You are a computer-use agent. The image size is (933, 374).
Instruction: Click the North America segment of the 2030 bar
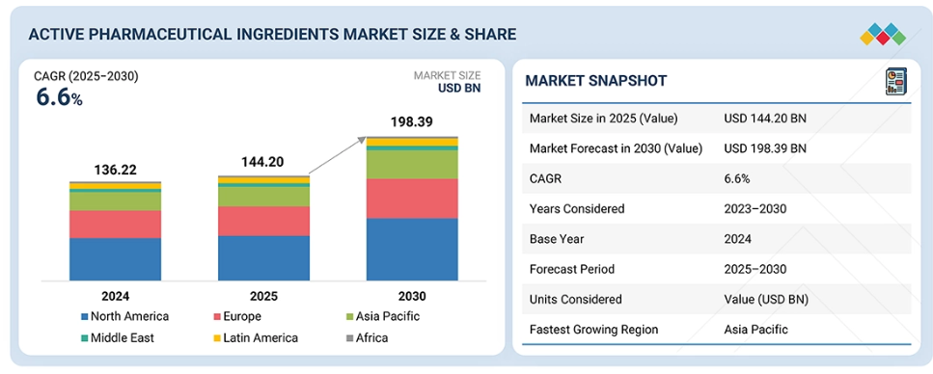tap(412, 249)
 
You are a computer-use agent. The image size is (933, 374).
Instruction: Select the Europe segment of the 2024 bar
tap(115, 225)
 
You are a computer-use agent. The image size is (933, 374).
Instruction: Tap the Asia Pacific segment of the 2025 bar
tap(263, 197)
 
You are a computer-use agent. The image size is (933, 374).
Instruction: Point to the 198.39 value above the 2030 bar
tap(411, 122)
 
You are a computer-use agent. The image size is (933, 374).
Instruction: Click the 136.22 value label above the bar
tap(116, 170)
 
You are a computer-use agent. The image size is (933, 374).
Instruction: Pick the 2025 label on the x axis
tap(263, 296)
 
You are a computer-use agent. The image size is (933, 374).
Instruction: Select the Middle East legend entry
tap(117, 337)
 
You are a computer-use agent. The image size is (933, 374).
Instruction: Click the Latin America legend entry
tap(255, 337)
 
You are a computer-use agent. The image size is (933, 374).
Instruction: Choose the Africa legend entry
tap(367, 337)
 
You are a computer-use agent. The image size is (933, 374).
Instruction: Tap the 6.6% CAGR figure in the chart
tap(60, 97)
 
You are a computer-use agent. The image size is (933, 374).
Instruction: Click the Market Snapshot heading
tap(595, 81)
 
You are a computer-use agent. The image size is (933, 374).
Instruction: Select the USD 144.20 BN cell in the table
tap(765, 119)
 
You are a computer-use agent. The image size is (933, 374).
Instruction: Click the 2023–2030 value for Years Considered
tap(755, 209)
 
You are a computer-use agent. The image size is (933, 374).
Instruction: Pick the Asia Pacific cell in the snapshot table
tap(755, 330)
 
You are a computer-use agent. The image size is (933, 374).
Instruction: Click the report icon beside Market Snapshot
tap(895, 82)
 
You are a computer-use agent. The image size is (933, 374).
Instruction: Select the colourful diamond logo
tap(883, 34)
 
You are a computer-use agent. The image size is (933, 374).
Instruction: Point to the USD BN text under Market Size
tap(459, 88)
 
